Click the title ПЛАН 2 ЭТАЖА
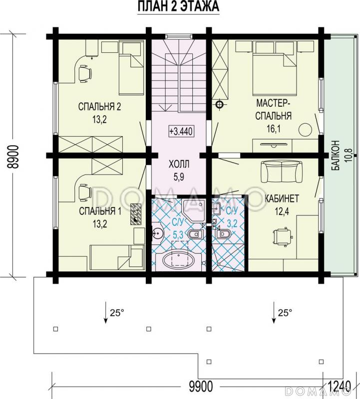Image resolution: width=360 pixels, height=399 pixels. (178, 6)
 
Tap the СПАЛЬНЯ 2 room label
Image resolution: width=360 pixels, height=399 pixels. (100, 107)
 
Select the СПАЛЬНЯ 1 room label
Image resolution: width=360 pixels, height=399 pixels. (100, 211)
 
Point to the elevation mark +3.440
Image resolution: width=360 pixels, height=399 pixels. (181, 131)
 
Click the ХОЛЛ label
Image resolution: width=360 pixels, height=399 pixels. (179, 165)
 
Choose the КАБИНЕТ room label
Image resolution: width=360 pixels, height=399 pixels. (282, 199)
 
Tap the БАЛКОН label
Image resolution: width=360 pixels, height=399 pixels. (336, 156)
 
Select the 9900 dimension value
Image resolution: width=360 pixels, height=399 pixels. (201, 386)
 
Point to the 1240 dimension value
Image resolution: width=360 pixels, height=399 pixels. (340, 386)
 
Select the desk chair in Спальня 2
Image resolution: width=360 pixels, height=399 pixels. (84, 73)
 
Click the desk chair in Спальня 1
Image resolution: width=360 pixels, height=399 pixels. (84, 193)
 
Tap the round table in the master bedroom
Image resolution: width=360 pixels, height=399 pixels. (306, 130)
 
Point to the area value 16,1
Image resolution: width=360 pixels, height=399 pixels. (274, 130)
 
